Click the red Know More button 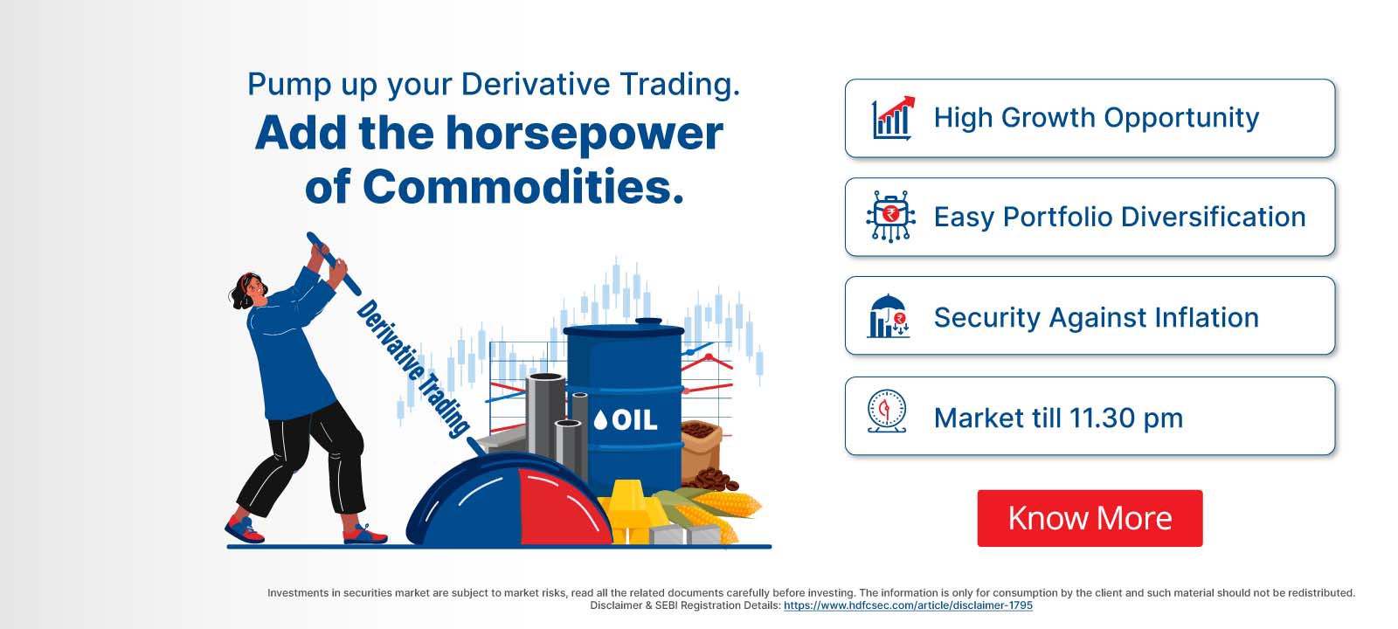1090,518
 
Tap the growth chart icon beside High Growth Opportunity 892,118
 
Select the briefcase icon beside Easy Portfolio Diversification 890,216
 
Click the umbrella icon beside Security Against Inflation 889,315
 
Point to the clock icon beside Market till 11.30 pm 887,412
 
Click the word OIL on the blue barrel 634,420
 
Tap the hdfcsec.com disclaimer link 908,605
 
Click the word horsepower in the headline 585,133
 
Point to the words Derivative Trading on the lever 411,368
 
